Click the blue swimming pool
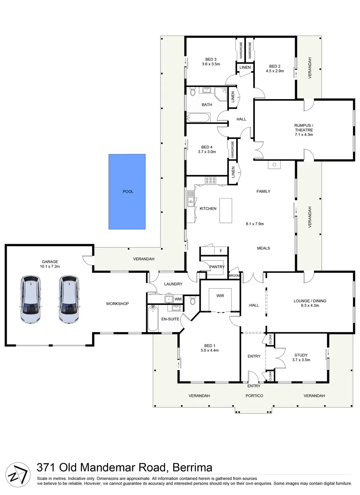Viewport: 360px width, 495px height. click(x=127, y=192)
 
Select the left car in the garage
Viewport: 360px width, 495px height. click(x=31, y=300)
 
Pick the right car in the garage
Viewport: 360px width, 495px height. click(x=69, y=300)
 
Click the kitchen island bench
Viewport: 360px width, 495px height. click(x=225, y=211)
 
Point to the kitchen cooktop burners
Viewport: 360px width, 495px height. click(x=211, y=180)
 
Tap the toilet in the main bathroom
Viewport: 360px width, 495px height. click(x=193, y=92)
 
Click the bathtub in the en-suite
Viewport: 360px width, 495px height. click(x=153, y=318)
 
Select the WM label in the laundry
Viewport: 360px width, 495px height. click(x=178, y=299)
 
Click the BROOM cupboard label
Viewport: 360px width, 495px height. click(x=234, y=276)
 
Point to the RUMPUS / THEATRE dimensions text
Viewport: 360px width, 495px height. click(x=304, y=135)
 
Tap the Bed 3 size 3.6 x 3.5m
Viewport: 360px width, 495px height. click(x=211, y=64)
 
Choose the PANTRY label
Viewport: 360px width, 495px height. click(x=217, y=267)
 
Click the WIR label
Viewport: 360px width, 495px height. click(x=220, y=296)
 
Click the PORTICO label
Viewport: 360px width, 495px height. click(x=254, y=396)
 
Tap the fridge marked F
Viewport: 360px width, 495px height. click(x=221, y=251)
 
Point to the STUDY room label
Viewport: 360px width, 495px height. click(x=301, y=355)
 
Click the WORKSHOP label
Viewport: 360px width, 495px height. click(x=117, y=304)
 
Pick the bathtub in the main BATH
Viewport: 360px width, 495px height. click(x=198, y=118)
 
